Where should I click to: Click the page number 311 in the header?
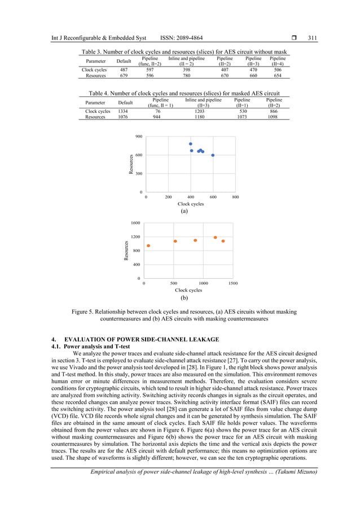313,38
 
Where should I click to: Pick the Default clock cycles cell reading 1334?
122,112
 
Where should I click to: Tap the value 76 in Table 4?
157,112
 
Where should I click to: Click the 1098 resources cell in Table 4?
274,117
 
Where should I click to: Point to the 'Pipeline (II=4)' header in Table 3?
278,61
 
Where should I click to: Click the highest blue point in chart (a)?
191,144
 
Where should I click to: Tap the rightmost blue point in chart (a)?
213,155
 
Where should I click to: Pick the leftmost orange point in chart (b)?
148,245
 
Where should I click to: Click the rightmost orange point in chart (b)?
223,241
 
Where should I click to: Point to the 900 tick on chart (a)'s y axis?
139,137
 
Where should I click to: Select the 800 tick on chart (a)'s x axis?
235,198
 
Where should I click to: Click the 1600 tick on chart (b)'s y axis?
136,223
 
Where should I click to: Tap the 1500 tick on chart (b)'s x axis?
233,284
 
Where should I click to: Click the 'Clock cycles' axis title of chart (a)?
191,204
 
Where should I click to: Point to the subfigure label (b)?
184,297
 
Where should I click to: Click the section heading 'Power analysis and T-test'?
93,345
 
